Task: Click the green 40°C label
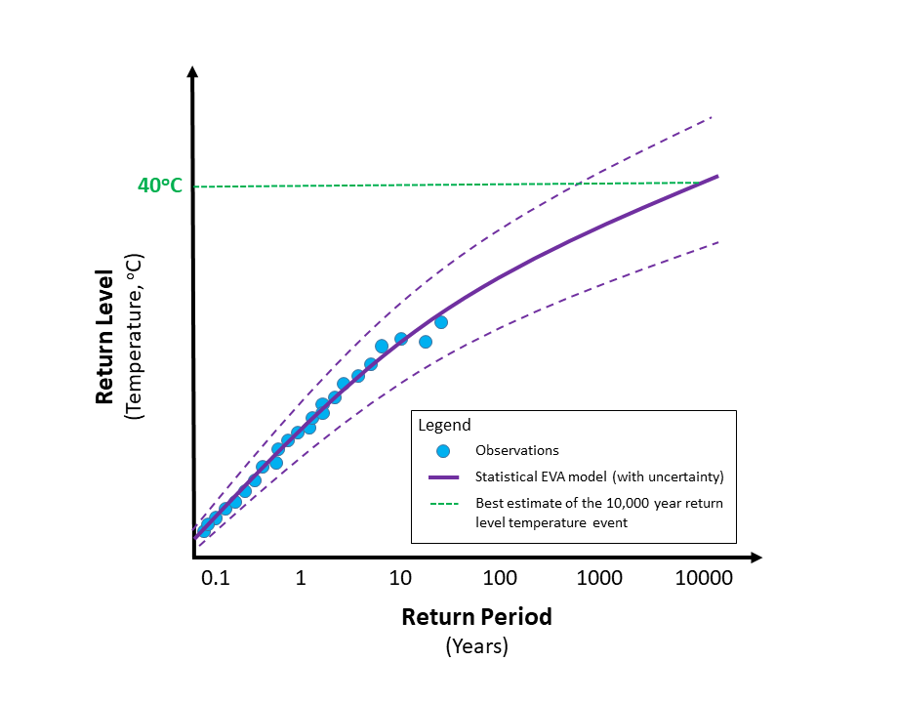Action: [x=159, y=186]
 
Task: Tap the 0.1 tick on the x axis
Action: [x=215, y=577]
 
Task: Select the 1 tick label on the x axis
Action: [x=301, y=577]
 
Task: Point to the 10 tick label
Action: [x=400, y=577]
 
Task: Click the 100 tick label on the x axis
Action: [x=500, y=577]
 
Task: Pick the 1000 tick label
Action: [x=599, y=577]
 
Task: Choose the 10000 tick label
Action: [x=704, y=577]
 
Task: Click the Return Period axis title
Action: [x=477, y=617]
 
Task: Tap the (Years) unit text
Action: [x=477, y=646]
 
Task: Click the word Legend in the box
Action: [x=444, y=425]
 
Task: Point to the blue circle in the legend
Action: [x=443, y=451]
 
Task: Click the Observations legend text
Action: [x=516, y=450]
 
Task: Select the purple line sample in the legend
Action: [x=443, y=477]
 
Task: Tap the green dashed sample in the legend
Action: [x=443, y=504]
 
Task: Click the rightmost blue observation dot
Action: [x=441, y=322]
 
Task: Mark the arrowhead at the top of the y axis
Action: [x=193, y=73]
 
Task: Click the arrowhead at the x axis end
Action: [x=755, y=558]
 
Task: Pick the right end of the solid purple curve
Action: [x=717, y=177]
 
